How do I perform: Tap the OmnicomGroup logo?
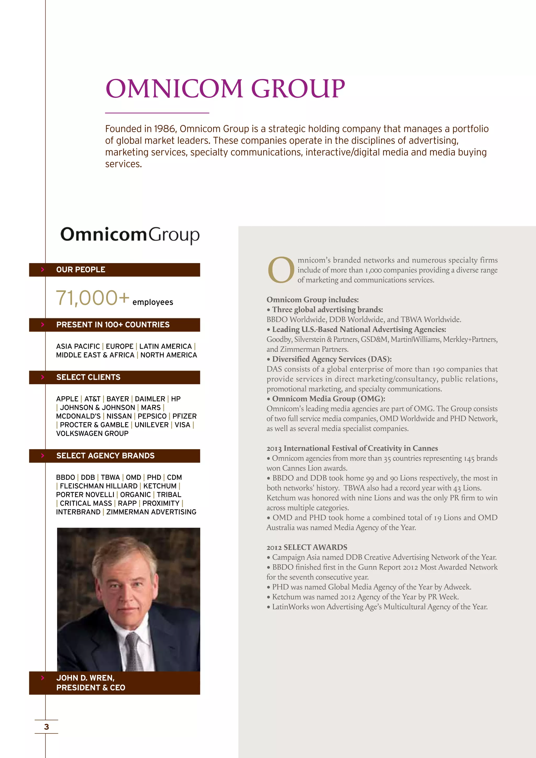pos(130,235)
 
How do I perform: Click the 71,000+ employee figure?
pos(93,298)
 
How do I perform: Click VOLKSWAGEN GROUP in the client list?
pos(92,433)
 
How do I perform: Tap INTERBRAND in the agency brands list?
pos(78,512)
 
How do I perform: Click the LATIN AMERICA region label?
pos(165,346)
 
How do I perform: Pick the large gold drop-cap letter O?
pos(281,270)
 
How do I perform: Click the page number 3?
pos(47,727)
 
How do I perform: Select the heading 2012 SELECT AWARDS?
pos(307,547)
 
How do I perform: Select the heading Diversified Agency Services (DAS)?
pos(332,359)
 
